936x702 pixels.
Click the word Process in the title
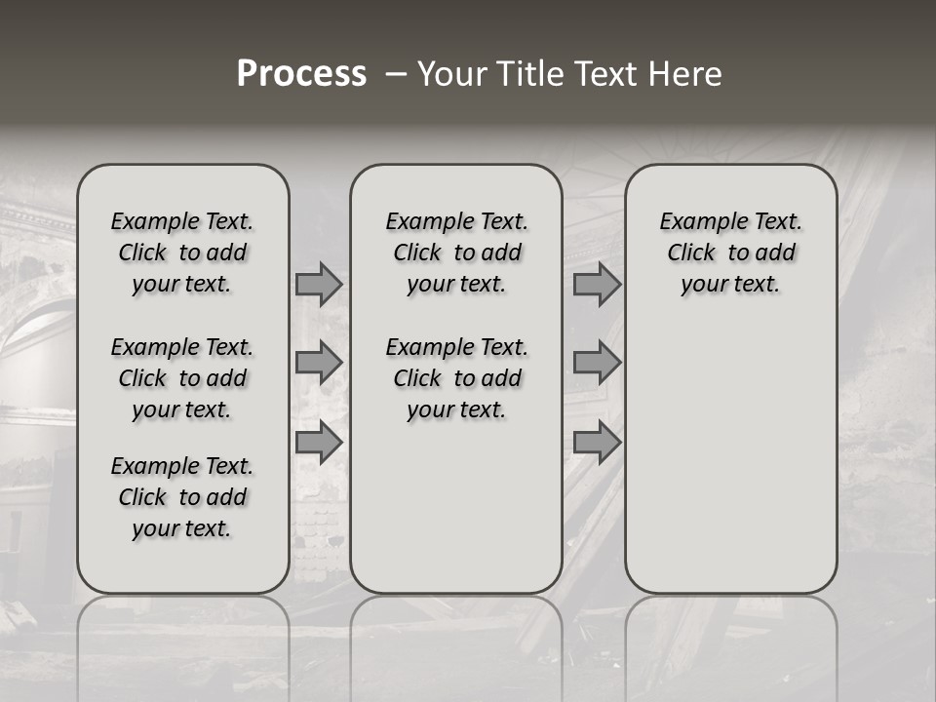(301, 74)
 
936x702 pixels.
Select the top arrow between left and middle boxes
(319, 284)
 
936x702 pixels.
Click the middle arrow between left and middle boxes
(319, 363)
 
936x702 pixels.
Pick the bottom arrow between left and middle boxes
(319, 443)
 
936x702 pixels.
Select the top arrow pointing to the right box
(597, 284)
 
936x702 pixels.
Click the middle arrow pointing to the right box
(597, 363)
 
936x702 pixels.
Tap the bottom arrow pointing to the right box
(597, 443)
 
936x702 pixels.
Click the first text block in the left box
(182, 253)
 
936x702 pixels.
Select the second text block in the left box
(182, 378)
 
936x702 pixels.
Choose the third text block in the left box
(182, 497)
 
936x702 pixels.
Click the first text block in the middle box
(456, 253)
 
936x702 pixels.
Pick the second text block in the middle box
(456, 378)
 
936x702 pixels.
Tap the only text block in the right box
(730, 253)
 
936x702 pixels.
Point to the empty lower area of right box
(730, 458)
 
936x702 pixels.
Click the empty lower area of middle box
(456, 507)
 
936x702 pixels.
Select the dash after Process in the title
(396, 75)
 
